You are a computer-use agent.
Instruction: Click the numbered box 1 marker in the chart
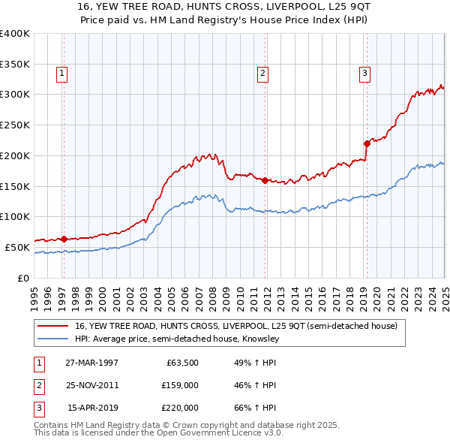[61, 74]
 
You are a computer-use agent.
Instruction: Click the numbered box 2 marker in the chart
[263, 74]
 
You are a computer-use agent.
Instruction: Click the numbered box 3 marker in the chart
[364, 74]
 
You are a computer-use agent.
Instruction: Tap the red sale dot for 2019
[367, 143]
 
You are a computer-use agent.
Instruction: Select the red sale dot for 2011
[265, 180]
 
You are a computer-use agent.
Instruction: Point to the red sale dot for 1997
[64, 239]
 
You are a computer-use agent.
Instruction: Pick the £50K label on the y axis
[17, 247]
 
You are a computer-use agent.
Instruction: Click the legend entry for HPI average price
[177, 339]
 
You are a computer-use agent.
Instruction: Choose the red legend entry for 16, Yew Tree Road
[240, 326]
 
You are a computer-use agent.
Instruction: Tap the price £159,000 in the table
[180, 385]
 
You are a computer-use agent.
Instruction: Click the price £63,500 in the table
[182, 363]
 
